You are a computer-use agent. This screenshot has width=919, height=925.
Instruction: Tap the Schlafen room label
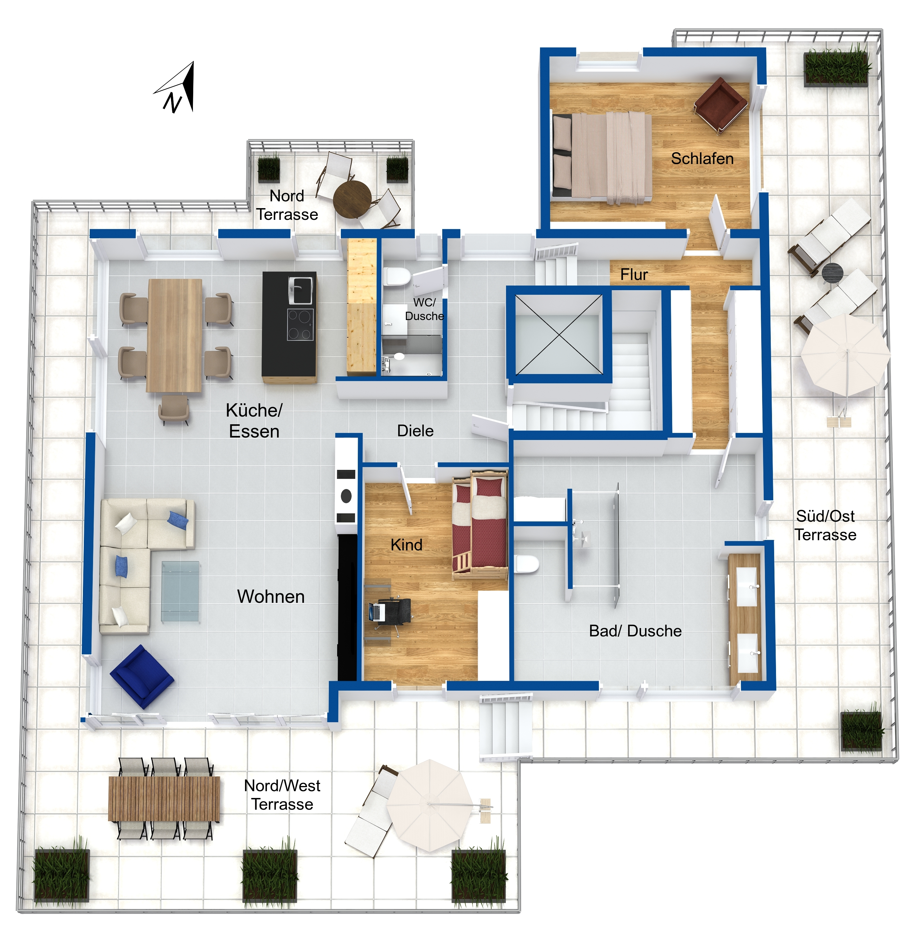tap(702, 158)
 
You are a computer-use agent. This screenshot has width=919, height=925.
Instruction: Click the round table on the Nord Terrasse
tap(352, 199)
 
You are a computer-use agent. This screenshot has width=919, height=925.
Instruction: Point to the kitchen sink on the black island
tap(300, 291)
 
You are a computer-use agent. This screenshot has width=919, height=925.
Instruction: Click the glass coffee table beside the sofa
tap(180, 591)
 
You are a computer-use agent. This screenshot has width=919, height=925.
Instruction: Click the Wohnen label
tap(271, 597)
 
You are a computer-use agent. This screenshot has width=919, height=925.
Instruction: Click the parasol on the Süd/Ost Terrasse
tap(845, 354)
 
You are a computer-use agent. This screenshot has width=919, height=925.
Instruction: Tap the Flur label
tap(634, 274)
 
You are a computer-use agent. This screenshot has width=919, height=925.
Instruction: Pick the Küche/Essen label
tap(254, 420)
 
